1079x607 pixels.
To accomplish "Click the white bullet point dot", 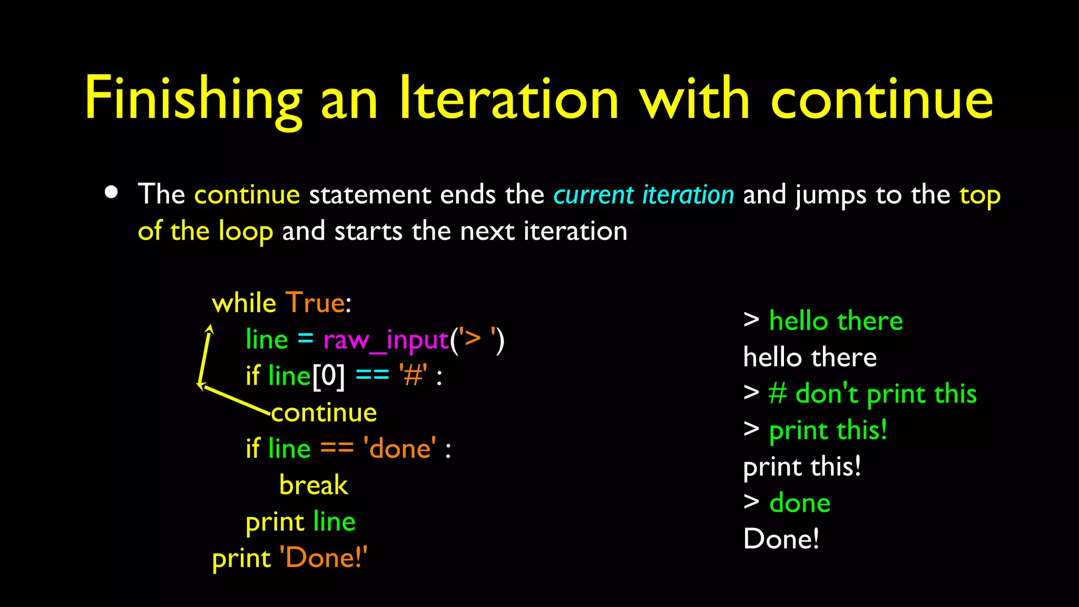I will coord(111,192).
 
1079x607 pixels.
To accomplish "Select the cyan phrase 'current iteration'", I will coord(643,195).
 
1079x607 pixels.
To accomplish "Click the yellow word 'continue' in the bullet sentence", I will coord(247,195).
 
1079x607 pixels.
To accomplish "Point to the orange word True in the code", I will coord(315,303).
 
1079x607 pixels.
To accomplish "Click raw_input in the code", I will coord(386,340).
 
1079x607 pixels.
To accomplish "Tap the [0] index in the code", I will coord(329,376).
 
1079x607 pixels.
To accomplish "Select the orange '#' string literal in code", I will coord(413,376).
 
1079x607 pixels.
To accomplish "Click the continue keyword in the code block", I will coord(325,413).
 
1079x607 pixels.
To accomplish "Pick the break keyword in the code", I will coord(313,485).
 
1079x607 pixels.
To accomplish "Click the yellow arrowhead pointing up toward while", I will coord(210,329).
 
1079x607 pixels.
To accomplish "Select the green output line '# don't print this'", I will coord(872,394).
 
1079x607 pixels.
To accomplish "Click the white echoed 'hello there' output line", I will coord(810,358).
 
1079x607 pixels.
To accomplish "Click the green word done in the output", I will coord(800,503).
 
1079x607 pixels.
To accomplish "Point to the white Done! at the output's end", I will coord(781,540).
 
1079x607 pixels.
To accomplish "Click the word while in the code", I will coord(244,303).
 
